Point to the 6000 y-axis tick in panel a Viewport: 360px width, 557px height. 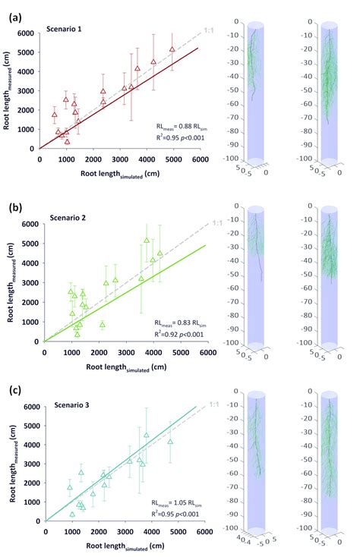tap(27, 33)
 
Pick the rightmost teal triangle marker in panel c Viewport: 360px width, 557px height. tap(170, 441)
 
